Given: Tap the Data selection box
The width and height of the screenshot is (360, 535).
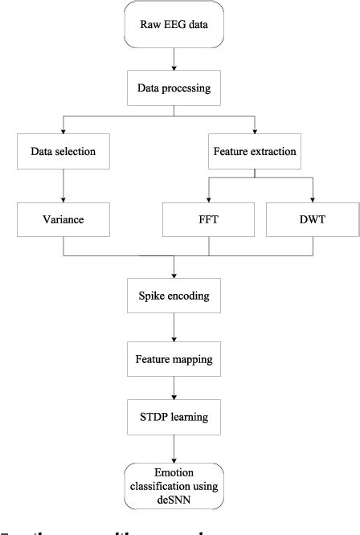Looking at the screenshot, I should coord(63,150).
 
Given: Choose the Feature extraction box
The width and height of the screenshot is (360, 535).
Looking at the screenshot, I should coord(254,150).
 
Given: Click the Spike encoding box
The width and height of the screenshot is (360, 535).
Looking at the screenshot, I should coord(174,296).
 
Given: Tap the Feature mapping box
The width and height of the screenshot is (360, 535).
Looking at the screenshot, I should coord(174,358).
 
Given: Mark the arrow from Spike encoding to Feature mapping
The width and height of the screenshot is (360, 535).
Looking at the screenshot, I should coord(174,327).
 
